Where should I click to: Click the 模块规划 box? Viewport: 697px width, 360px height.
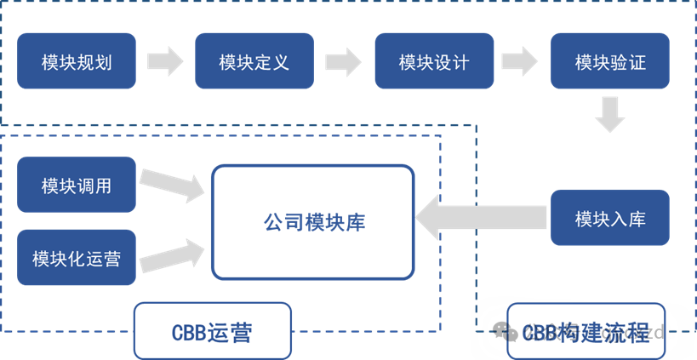(x=77, y=61)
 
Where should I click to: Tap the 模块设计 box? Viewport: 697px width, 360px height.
(x=434, y=61)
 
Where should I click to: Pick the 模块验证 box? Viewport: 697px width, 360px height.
(x=610, y=61)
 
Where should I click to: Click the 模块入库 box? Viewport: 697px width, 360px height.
(x=610, y=219)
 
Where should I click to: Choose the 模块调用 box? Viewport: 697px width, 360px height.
(x=77, y=185)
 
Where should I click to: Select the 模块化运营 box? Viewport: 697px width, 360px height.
(x=77, y=257)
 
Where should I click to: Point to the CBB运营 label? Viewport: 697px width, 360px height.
(x=212, y=331)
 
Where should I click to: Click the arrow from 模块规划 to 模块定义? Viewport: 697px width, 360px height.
(x=165, y=60)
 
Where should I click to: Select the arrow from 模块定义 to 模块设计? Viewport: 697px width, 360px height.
(x=343, y=60)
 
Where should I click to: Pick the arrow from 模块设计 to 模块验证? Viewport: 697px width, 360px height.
(x=522, y=60)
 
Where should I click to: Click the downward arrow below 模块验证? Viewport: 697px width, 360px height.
(x=610, y=115)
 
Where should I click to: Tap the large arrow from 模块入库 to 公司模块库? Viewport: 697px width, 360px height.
(x=481, y=218)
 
